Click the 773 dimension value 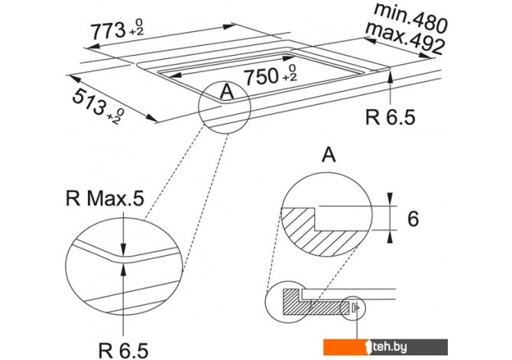point(108,31)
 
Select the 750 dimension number point(261,77)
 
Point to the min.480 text point(410,18)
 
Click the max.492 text point(405,38)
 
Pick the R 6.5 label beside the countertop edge point(390,117)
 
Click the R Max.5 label point(105,198)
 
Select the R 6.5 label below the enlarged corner point(124,350)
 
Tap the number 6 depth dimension point(413,219)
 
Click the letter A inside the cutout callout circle point(227,91)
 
